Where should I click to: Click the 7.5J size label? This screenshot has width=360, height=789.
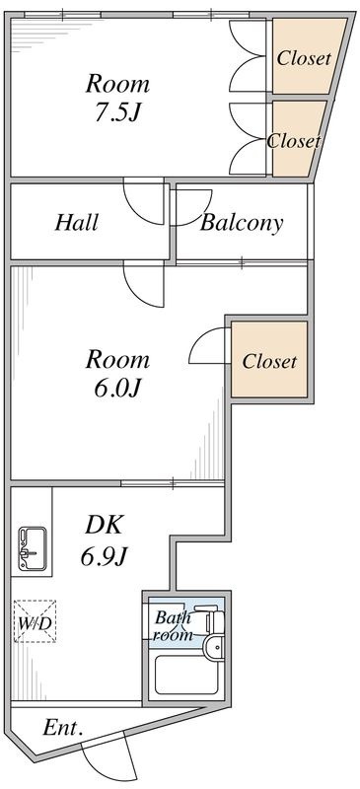(116, 113)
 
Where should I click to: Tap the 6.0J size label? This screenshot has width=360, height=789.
(116, 388)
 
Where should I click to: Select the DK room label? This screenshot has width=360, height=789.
(104, 526)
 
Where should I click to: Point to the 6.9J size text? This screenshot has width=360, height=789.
(104, 556)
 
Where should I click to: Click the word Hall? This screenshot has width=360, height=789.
(76, 223)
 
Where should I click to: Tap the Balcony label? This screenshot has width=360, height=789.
(242, 223)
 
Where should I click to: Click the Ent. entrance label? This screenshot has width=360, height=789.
(63, 728)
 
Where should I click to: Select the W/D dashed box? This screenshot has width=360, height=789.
(35, 621)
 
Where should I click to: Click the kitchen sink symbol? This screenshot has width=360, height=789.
(33, 548)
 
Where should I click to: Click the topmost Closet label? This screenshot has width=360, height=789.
(304, 58)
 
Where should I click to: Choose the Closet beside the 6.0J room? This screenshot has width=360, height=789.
(269, 361)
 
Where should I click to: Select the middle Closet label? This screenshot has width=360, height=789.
(293, 141)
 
